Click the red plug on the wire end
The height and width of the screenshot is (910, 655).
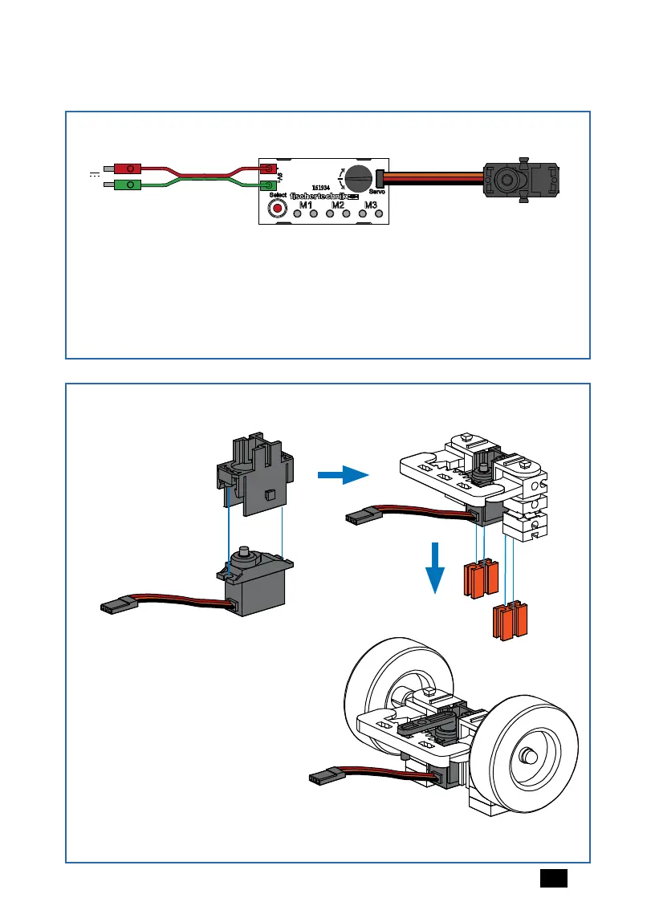point(128,169)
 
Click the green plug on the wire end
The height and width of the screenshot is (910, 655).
point(128,186)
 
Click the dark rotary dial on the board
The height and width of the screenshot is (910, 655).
point(356,177)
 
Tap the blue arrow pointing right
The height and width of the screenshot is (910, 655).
point(342,477)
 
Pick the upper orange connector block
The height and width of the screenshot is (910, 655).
point(477,579)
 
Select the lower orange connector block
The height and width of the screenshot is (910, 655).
point(510,620)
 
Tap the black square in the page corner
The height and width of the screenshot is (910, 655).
point(554,878)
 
